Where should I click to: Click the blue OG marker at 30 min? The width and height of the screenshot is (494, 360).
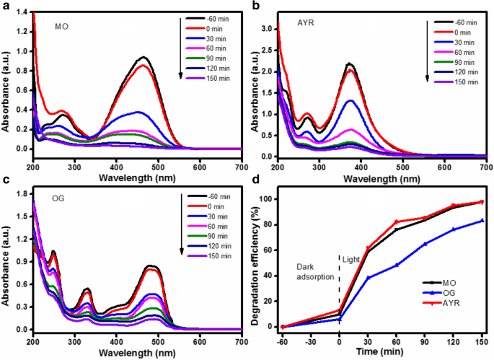[368, 278]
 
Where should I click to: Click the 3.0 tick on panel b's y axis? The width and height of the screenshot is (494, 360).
[265, 28]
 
